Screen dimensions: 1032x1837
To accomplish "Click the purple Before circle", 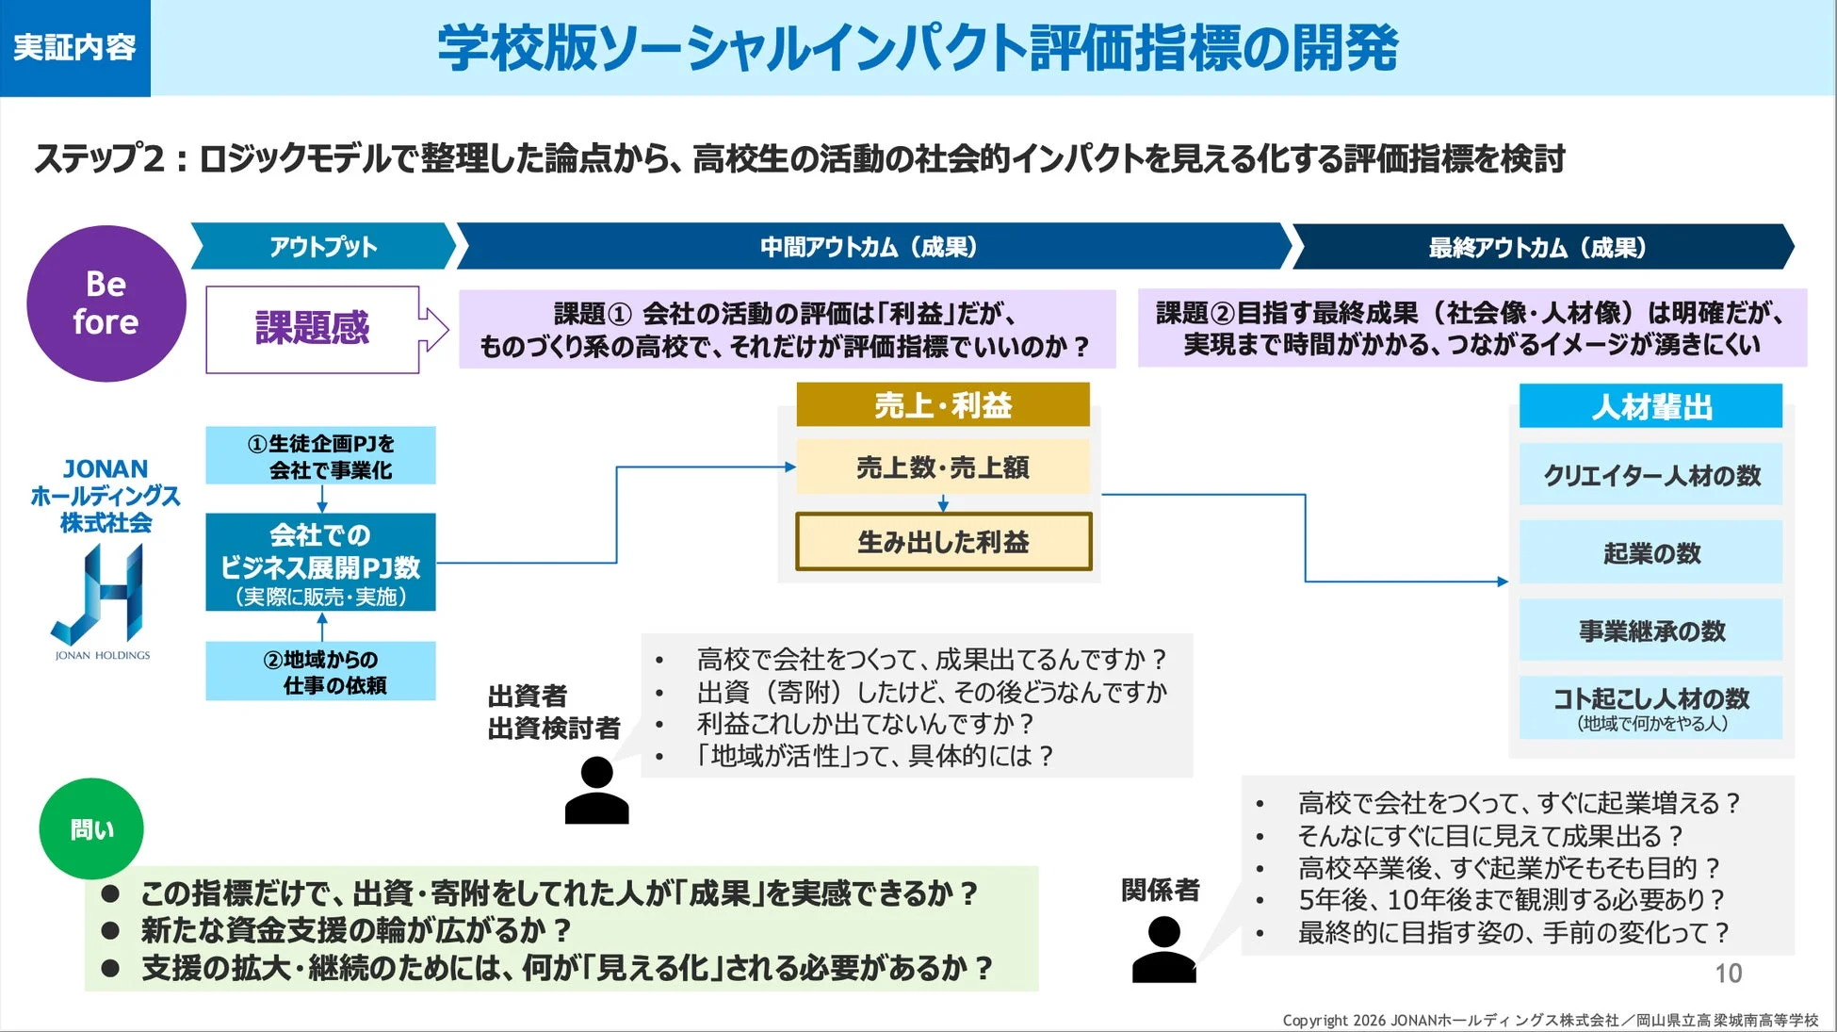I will point(106,303).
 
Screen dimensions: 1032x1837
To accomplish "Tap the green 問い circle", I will point(91,828).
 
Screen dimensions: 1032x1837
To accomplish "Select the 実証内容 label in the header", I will point(74,47).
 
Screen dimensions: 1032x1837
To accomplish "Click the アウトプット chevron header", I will point(323,247).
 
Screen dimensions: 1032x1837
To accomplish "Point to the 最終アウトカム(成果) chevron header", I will point(1539,247).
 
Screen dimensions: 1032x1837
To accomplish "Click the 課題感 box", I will point(313,329).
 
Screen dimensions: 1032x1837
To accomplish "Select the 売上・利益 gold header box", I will point(942,405).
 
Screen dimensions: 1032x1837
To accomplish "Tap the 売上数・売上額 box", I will point(942,467).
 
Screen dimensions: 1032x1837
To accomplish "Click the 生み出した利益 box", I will point(943,542).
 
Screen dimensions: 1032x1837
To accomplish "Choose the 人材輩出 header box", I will point(1650,407).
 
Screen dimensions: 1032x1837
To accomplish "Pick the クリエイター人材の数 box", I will point(1650,476).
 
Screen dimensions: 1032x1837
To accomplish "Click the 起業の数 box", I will point(1650,553).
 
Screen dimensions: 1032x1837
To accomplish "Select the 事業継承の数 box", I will point(1650,631).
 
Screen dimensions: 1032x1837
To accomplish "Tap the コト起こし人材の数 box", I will point(1650,707).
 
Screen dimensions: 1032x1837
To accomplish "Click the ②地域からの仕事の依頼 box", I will point(321,671).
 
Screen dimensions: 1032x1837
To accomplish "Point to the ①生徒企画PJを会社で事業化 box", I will point(321,456).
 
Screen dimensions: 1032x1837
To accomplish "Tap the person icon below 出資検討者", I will point(596,792).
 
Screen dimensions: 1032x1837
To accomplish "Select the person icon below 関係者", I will point(1163,950).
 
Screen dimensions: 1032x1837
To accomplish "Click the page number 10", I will point(1728,974).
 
